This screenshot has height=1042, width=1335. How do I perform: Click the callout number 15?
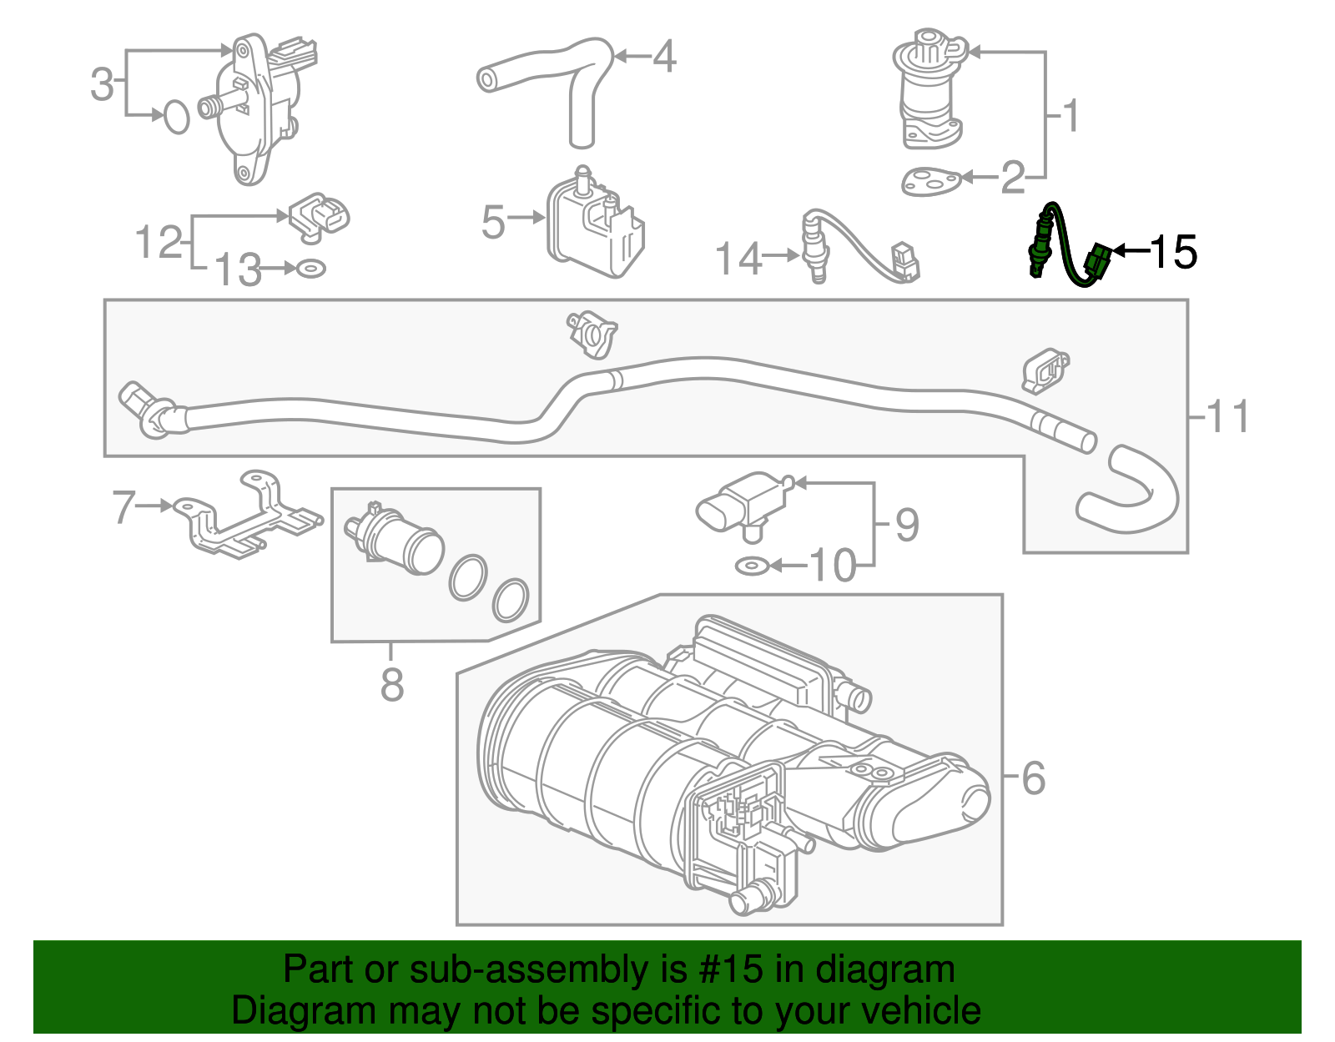1174,251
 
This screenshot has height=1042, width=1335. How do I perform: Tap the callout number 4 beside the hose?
664,57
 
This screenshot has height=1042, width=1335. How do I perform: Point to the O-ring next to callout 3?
176,117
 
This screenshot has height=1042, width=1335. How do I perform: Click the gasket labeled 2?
930,181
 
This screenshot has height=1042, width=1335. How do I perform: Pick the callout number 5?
493,223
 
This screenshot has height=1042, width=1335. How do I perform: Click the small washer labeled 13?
311,269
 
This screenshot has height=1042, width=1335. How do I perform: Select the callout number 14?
739,258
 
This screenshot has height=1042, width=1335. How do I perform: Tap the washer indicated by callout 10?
751,566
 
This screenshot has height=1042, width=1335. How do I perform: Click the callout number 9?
907,525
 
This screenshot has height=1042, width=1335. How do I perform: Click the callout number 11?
1228,415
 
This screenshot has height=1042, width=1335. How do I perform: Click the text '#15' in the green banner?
726,970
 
